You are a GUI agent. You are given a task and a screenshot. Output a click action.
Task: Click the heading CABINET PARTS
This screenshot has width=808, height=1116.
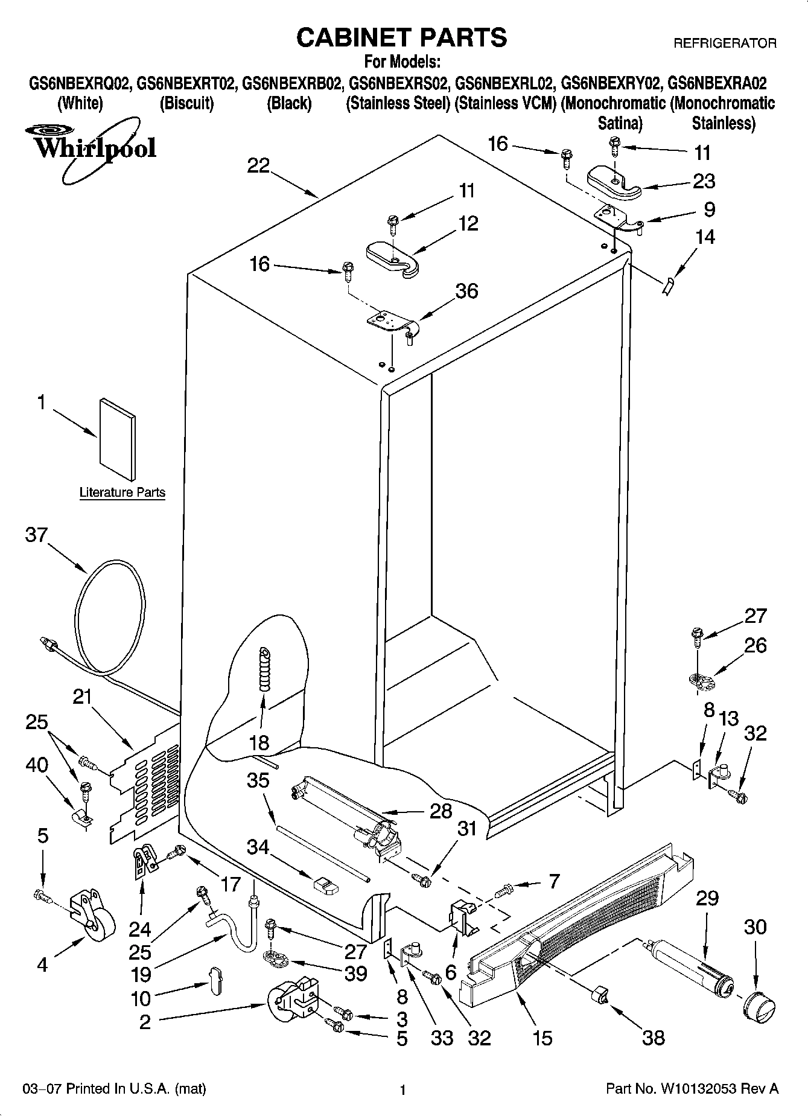point(401,37)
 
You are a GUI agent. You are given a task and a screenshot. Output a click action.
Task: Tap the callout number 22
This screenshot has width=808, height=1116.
point(258,165)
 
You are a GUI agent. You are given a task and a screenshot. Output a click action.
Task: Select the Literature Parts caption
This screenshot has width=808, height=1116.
point(122,493)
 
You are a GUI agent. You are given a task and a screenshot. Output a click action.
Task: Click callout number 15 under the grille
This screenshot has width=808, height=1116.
point(542,1038)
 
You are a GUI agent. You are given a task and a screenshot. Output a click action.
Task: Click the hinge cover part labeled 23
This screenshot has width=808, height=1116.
point(612,182)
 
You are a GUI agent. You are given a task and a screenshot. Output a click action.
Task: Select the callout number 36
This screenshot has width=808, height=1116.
point(466,291)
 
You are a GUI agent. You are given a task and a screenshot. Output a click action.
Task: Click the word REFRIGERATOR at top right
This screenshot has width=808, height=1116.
point(724,43)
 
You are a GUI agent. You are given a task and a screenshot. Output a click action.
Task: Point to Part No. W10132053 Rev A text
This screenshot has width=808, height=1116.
point(692,1089)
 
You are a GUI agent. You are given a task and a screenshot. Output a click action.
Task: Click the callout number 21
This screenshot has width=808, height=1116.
point(82,697)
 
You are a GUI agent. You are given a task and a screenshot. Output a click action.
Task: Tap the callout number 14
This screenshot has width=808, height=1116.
point(704,237)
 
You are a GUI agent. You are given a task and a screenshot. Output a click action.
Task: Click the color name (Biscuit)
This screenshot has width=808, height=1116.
point(186,103)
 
